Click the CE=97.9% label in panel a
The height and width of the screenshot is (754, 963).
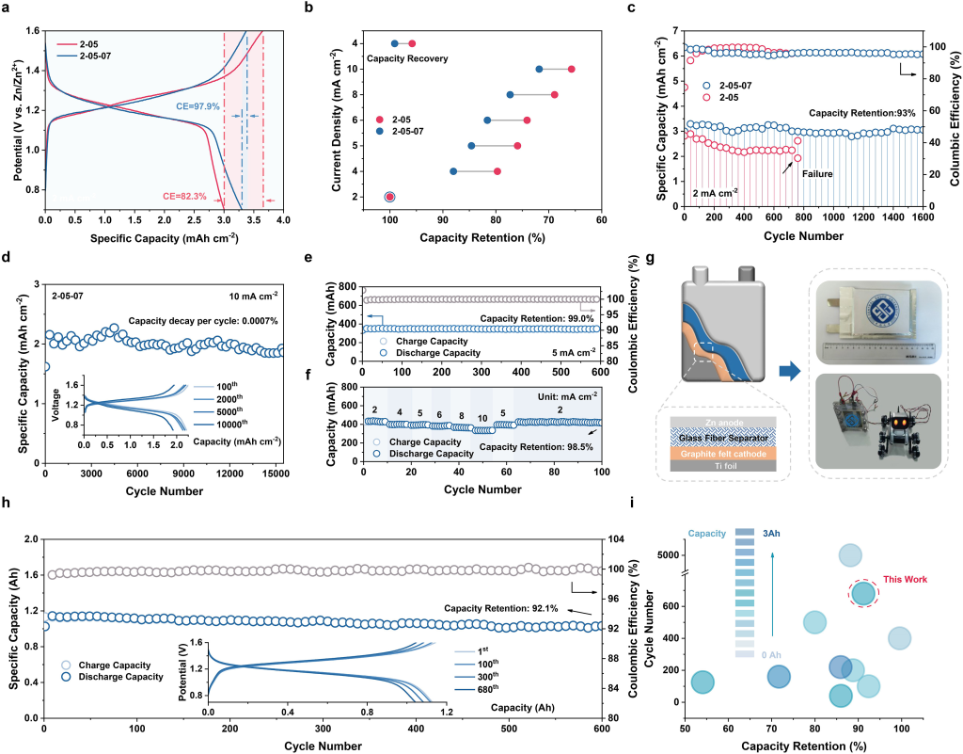197,106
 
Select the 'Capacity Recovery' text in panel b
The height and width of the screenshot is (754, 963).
406,59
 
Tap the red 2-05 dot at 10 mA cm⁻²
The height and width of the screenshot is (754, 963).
571,69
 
